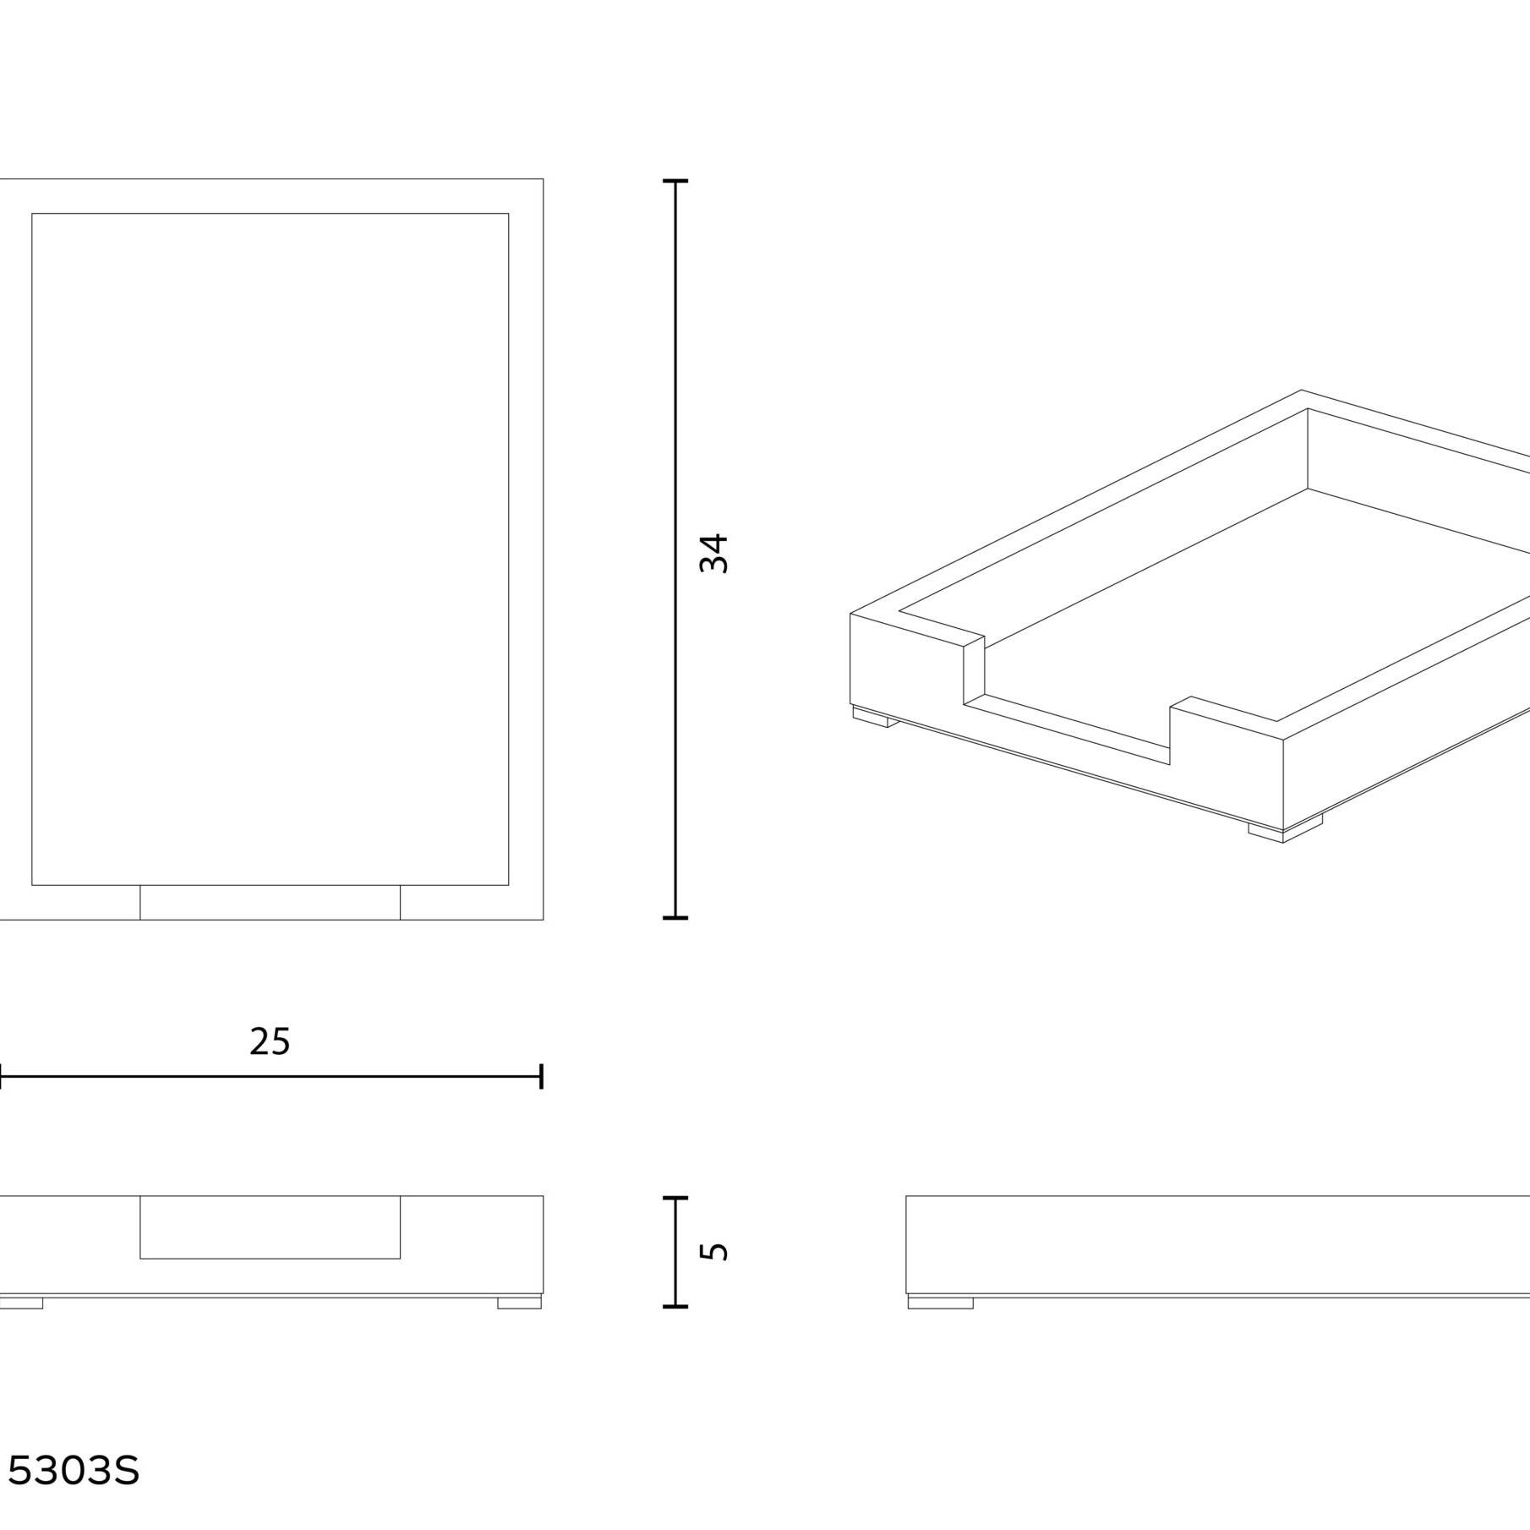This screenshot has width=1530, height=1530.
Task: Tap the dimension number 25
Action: tap(270, 1041)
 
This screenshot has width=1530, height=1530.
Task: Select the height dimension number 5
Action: tap(714, 1250)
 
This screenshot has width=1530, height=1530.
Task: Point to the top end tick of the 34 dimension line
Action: tap(675, 181)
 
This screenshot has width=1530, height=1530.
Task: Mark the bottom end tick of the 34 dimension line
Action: tap(675, 917)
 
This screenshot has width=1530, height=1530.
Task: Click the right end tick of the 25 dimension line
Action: tap(541, 1077)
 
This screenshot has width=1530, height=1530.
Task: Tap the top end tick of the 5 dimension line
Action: tap(675, 1198)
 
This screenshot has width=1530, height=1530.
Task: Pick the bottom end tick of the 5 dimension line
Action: tap(675, 1306)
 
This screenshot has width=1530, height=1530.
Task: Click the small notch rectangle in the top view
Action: tap(270, 902)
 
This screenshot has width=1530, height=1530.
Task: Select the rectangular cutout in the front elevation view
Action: tap(270, 1227)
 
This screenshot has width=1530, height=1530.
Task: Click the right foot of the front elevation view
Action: tap(519, 1303)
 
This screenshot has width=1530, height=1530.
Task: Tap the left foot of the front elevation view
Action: tap(20, 1303)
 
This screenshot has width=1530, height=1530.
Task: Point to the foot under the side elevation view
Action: tap(940, 1303)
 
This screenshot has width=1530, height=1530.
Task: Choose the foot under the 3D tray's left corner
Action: tap(875, 718)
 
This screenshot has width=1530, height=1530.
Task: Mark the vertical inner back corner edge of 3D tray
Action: tap(1308, 448)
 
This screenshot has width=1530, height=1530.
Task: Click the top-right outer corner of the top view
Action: tap(543, 179)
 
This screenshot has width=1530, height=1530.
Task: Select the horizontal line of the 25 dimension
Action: tap(270, 1077)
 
